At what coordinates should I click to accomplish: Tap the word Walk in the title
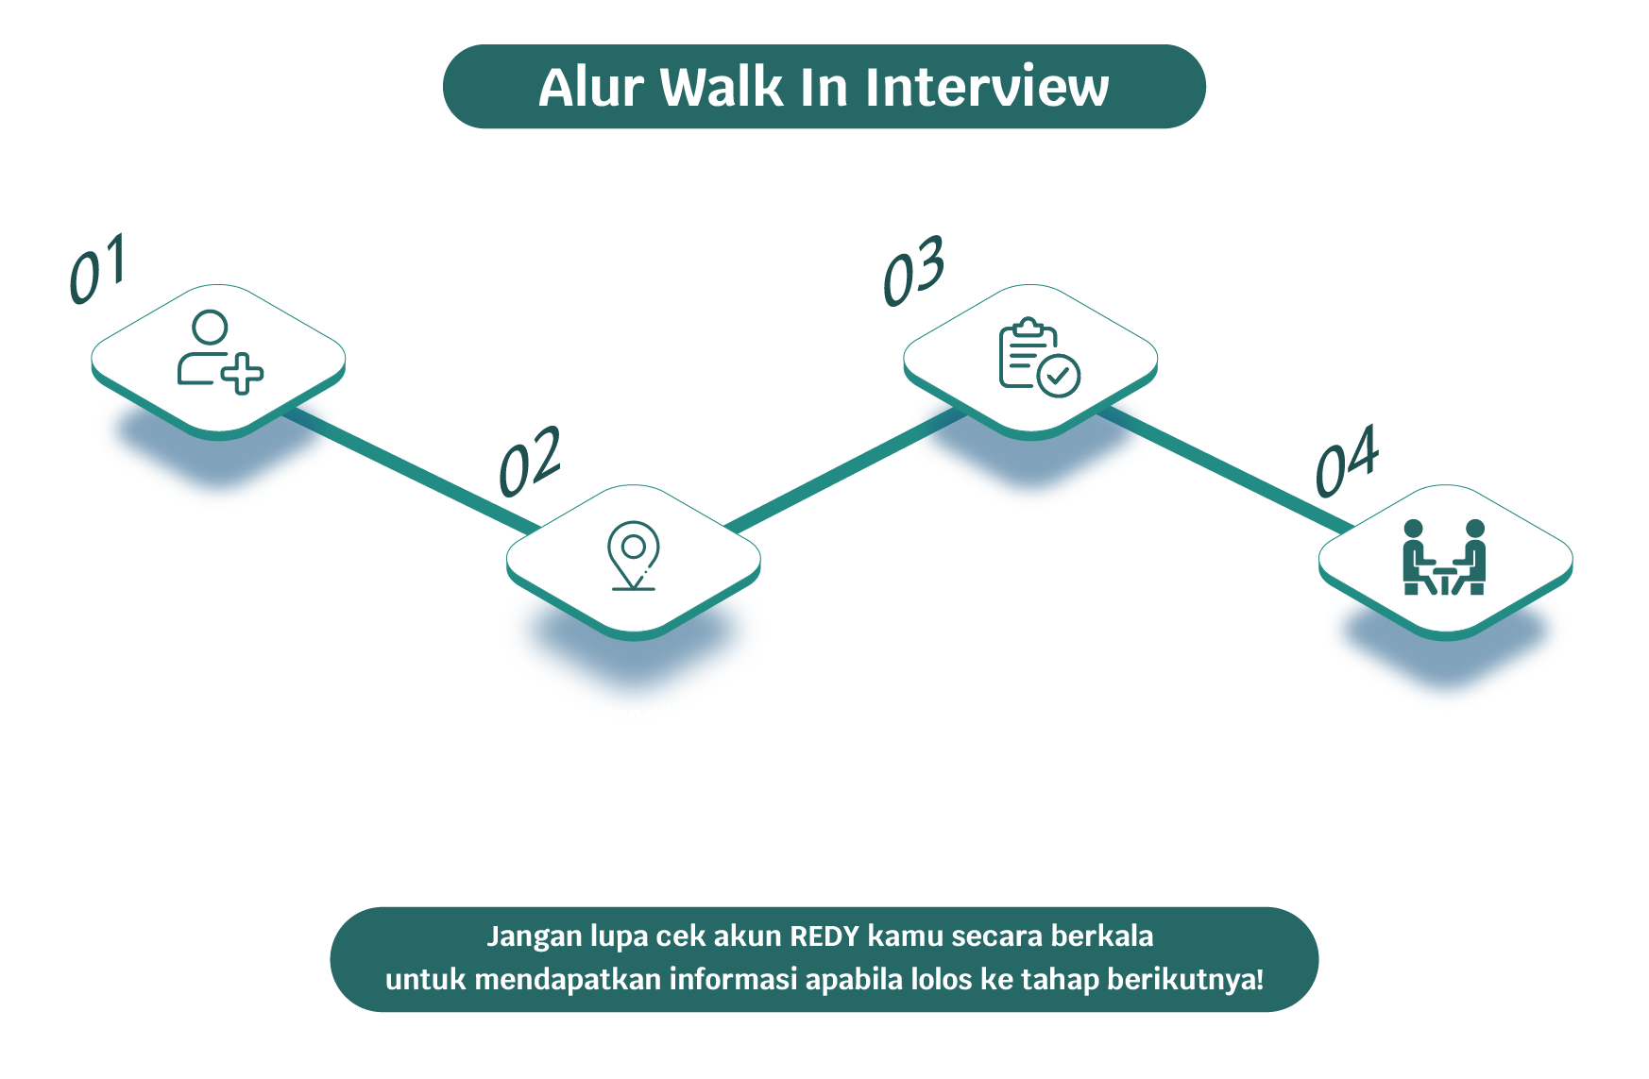[x=722, y=87]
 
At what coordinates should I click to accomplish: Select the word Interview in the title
[x=987, y=87]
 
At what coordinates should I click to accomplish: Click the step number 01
[x=97, y=269]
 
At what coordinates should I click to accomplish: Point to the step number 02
[x=530, y=462]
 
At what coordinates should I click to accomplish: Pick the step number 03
[x=913, y=271]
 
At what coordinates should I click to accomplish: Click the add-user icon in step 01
[x=220, y=352]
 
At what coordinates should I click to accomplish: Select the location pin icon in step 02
[x=634, y=556]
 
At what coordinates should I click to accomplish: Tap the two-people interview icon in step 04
[x=1445, y=557]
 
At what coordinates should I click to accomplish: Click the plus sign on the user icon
[x=243, y=374]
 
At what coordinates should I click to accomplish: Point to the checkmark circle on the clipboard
[x=1059, y=377]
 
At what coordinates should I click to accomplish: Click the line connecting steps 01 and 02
[x=411, y=468]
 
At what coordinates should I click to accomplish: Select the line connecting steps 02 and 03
[x=845, y=467]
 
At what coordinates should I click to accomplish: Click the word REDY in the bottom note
[x=824, y=936]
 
